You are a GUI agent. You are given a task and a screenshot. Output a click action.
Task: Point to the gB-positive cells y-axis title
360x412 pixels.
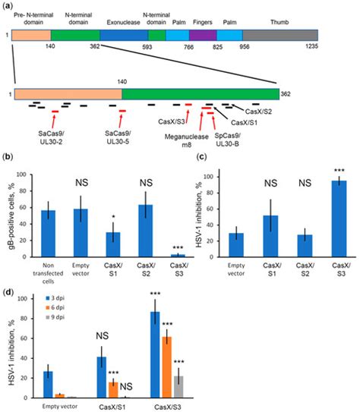click(x=9, y=220)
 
